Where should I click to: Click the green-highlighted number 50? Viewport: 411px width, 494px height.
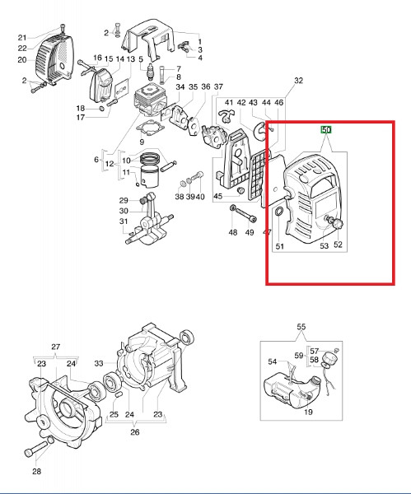pos(326,129)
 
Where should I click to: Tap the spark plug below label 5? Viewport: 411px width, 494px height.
pos(151,72)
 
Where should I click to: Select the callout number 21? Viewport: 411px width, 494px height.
pos(22,38)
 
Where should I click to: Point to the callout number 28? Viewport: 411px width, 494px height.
pos(37,471)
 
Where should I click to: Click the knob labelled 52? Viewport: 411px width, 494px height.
pos(338,224)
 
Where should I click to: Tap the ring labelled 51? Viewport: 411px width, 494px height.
pos(279,212)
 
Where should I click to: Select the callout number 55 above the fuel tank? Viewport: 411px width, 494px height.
pos(301,327)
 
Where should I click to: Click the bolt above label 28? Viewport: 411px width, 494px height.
pos(35,449)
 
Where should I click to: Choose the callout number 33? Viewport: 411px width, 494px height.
pos(99,363)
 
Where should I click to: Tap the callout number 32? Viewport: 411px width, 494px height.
pos(298,81)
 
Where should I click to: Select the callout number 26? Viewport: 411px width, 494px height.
pos(135,432)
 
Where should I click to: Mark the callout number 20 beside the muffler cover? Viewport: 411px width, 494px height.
pos(22,59)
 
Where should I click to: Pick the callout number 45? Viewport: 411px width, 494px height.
pos(218,196)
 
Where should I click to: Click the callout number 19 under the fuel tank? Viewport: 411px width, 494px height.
pos(308,412)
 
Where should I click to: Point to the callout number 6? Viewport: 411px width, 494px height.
pos(96,160)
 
